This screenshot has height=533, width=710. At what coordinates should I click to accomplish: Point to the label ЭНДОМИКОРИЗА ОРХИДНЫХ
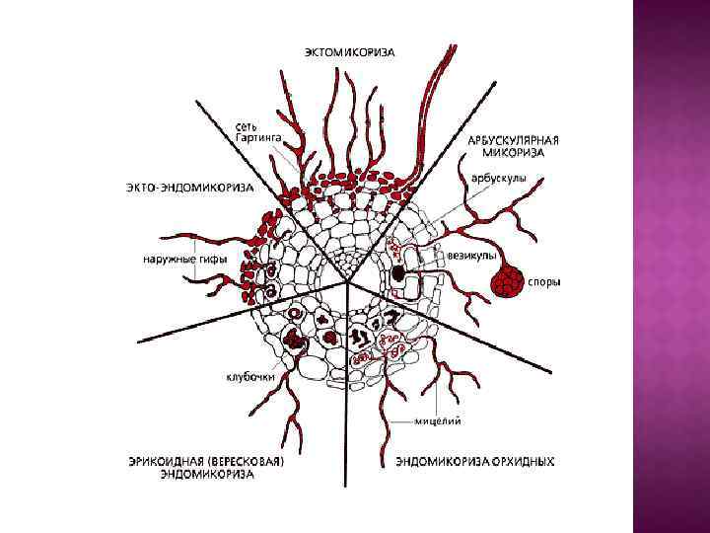(x=474, y=460)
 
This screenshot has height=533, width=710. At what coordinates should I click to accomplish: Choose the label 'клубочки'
(x=249, y=376)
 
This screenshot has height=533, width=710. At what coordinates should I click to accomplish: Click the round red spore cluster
(x=507, y=281)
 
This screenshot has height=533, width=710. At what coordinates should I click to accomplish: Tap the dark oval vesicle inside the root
(x=399, y=272)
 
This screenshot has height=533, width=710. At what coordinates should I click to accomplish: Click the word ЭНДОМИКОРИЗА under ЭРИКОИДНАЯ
(x=207, y=474)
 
